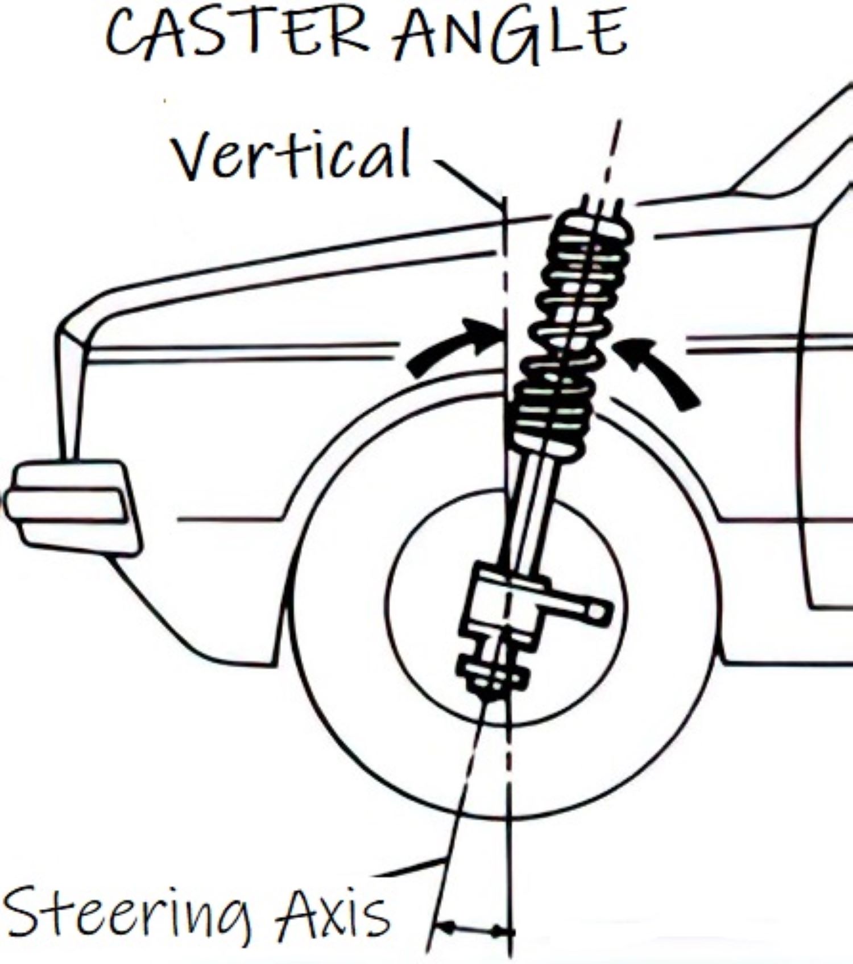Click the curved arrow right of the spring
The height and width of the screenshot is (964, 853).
660,370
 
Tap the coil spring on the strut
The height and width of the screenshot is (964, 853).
569,330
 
